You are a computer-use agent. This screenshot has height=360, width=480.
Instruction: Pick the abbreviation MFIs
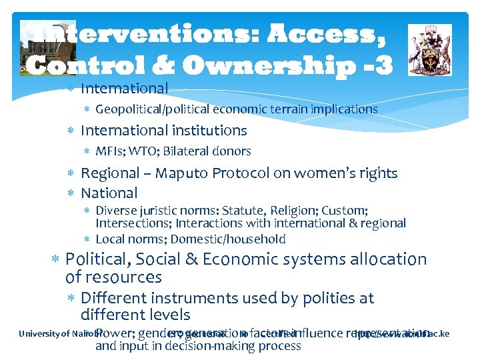point(111,151)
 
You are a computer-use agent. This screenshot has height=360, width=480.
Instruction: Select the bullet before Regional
point(71,173)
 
